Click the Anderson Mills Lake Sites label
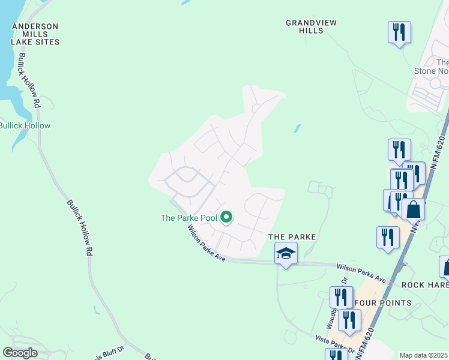coord(36,34)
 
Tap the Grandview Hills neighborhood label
coord(311,26)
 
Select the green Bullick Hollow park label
coord(25,125)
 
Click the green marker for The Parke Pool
coord(226,217)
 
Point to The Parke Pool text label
coord(188,218)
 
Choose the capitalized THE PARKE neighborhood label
coord(292,237)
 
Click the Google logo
coord(20,352)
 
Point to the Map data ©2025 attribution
coord(424,355)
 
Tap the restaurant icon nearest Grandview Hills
coord(399,31)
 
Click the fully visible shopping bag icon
coord(414,210)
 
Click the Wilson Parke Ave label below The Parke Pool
coord(205,242)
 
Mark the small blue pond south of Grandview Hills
coord(297,128)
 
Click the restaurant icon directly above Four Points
coord(341,297)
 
